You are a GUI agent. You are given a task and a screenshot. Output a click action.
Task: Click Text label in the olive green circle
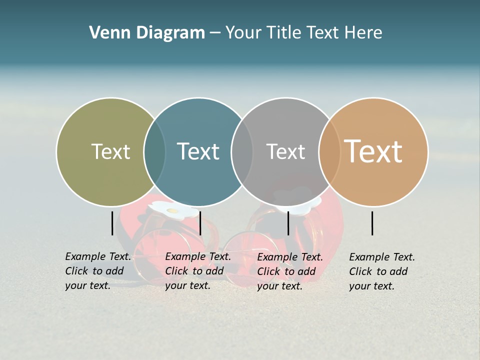[x=110, y=151]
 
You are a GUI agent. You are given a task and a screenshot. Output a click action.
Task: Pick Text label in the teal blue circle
[x=198, y=151]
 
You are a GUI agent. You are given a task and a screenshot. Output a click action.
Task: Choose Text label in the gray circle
[x=285, y=151]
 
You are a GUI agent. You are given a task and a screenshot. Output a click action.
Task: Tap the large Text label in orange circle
[x=373, y=151]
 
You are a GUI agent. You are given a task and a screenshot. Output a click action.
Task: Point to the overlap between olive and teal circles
[x=154, y=151]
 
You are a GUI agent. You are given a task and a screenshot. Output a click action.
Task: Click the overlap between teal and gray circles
[x=242, y=151]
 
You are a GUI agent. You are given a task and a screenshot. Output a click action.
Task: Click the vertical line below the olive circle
[x=112, y=223]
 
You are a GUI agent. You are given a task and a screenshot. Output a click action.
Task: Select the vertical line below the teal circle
[x=200, y=223]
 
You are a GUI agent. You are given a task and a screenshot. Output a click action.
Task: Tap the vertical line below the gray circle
[x=288, y=223]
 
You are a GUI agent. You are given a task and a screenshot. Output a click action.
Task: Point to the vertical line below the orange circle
[x=372, y=223]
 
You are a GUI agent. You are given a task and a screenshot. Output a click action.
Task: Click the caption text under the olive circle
[x=98, y=271]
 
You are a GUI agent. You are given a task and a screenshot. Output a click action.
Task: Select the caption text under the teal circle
[x=198, y=271]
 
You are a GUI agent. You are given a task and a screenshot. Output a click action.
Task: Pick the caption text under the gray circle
[x=290, y=271]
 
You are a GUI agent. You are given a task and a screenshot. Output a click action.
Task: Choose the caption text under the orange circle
[x=382, y=271]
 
